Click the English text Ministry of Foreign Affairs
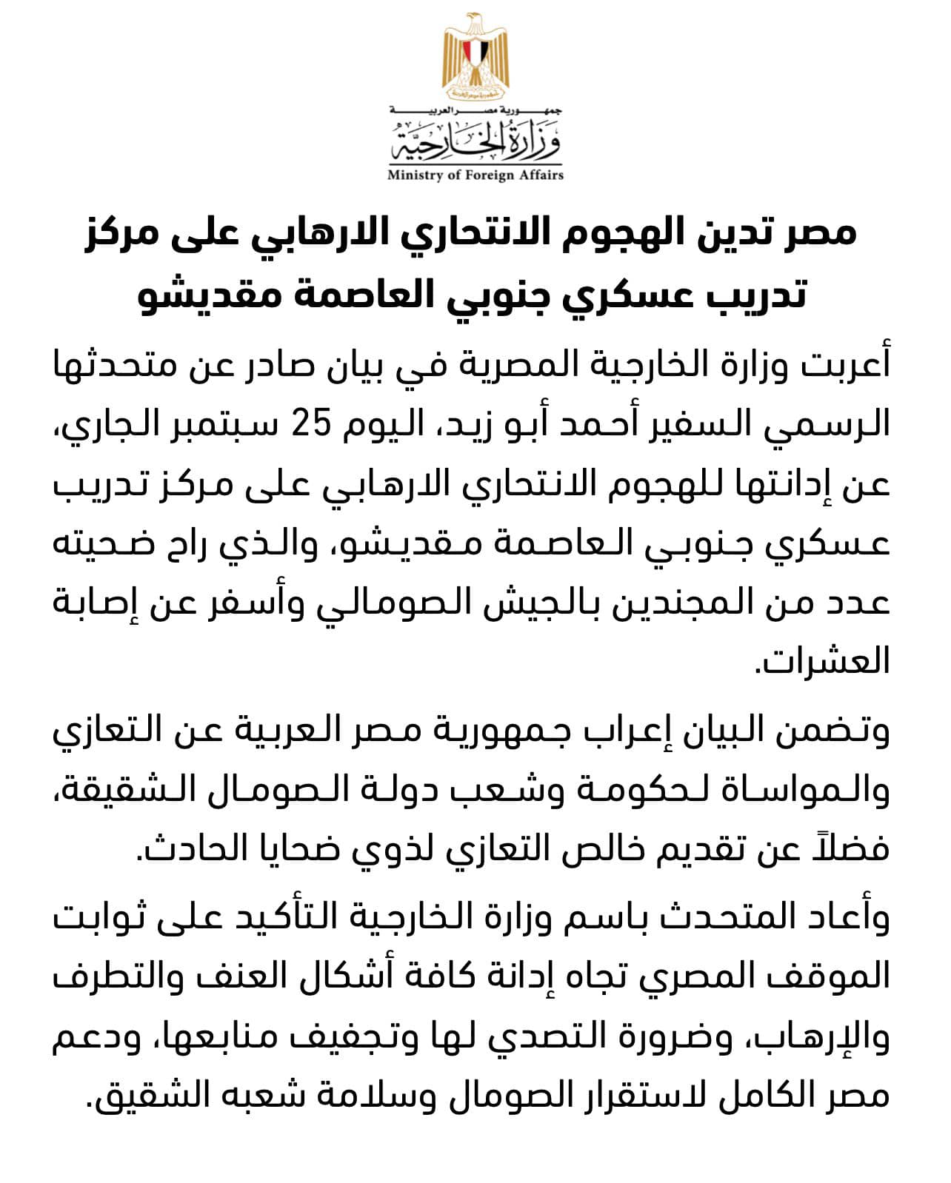point(475,175)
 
